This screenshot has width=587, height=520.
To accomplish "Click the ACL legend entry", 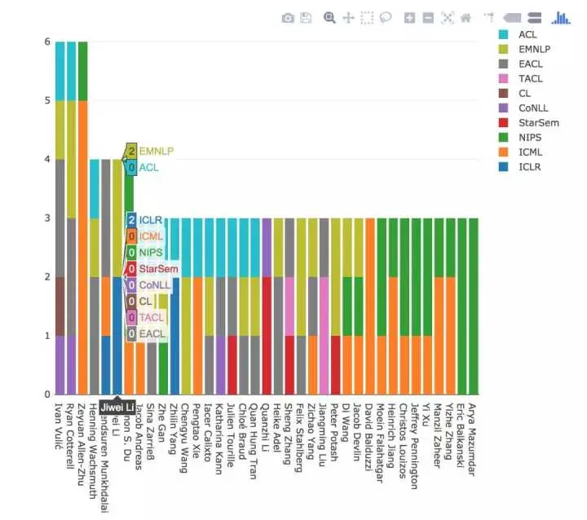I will [x=527, y=34].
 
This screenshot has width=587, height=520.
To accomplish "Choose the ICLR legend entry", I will [x=528, y=167].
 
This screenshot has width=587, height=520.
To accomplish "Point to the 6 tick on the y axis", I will [x=47, y=42].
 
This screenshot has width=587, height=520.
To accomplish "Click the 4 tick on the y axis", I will [x=47, y=159].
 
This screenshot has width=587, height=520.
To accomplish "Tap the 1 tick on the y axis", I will [x=47, y=336].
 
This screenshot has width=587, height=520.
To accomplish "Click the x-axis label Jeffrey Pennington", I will [x=415, y=444].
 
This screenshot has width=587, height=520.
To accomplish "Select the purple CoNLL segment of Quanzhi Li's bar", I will [x=267, y=247].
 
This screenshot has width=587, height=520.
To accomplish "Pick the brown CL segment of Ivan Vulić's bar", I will [x=60, y=306].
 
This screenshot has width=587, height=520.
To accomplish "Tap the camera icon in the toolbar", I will [x=288, y=17].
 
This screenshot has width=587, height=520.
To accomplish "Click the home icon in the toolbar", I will [x=466, y=17].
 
